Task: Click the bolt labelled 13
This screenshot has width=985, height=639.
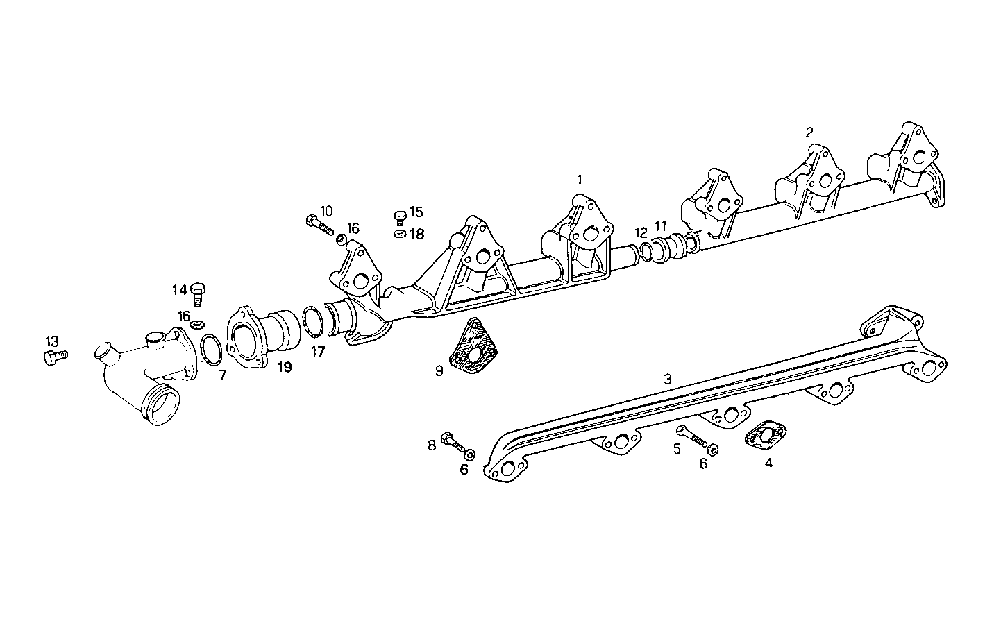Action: (x=54, y=357)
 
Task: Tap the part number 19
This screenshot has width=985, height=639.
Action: (x=285, y=367)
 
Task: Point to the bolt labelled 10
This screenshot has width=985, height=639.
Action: (x=319, y=224)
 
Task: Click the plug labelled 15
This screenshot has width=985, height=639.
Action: (x=399, y=217)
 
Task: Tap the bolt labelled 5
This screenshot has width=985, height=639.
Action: (x=691, y=436)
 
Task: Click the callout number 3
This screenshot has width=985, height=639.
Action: (x=667, y=379)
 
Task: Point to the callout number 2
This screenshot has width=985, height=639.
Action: (x=809, y=131)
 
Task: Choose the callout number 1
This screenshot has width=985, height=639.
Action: (x=579, y=179)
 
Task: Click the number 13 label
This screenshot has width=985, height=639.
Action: (x=53, y=341)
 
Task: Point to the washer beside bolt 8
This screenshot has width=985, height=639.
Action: (x=470, y=454)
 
